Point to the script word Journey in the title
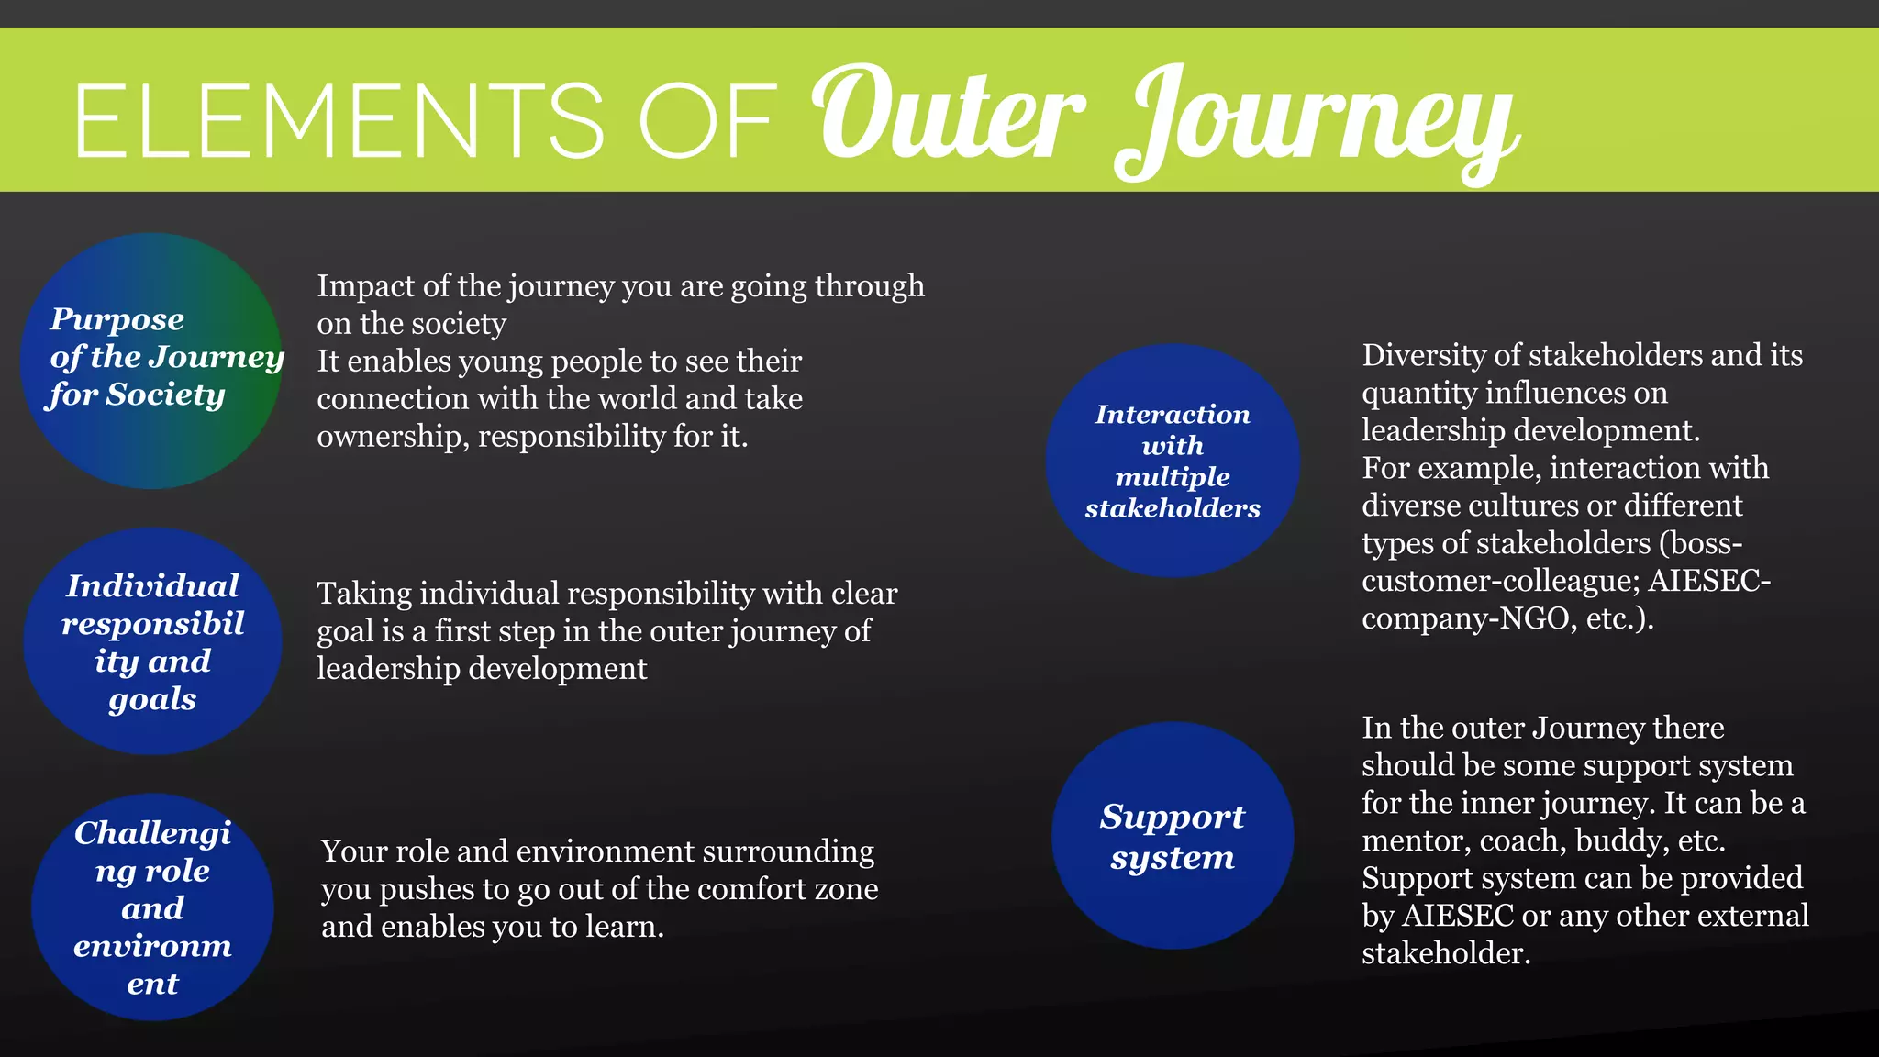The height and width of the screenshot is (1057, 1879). coord(1318,124)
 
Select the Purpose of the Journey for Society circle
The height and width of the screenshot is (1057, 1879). coord(151,361)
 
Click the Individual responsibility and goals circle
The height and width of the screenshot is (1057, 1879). coord(152,641)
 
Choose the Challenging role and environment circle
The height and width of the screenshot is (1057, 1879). coord(152,907)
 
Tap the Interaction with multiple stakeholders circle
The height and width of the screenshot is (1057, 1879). coord(1173,461)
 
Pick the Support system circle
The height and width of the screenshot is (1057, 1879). coord(1173,836)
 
